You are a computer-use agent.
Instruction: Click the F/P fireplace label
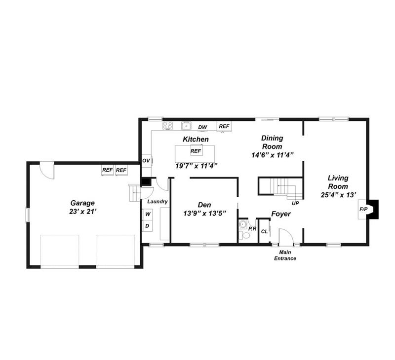pyautogui.click(x=363, y=209)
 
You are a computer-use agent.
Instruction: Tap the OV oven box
pyautogui.click(x=146, y=160)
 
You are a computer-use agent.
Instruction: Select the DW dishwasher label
pyautogui.click(x=202, y=127)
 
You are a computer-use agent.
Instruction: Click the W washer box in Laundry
pyautogui.click(x=148, y=214)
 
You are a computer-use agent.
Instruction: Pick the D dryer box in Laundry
pyautogui.click(x=148, y=226)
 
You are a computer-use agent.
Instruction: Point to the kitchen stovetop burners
pyautogui.click(x=167, y=126)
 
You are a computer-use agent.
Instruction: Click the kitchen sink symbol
pyautogui.click(x=187, y=126)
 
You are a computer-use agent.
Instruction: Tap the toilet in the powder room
pyautogui.click(x=244, y=236)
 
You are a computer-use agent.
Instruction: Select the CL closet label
pyautogui.click(x=264, y=231)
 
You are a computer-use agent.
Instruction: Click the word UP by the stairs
pyautogui.click(x=295, y=203)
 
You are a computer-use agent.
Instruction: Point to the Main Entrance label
pyautogui.click(x=285, y=255)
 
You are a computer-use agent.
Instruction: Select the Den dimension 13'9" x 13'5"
pyautogui.click(x=204, y=214)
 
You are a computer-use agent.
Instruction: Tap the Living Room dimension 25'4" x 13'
pyautogui.click(x=338, y=195)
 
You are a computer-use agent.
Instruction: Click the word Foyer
pyautogui.click(x=281, y=214)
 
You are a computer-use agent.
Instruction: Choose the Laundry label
pyautogui.click(x=158, y=202)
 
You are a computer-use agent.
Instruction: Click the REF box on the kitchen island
pyautogui.click(x=196, y=150)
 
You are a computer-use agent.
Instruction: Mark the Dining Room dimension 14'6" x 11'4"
pyautogui.click(x=273, y=155)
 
